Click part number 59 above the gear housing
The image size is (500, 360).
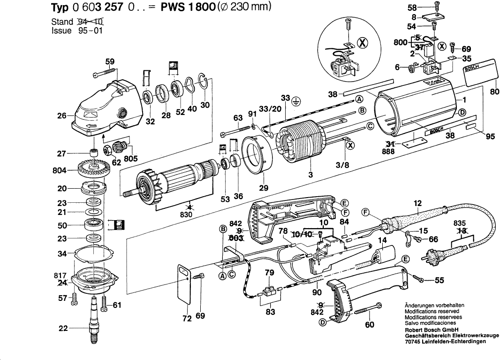(109, 61)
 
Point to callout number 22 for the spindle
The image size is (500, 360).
(63, 329)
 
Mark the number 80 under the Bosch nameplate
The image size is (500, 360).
(494, 92)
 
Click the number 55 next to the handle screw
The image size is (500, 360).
(439, 281)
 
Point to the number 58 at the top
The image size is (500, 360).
(411, 8)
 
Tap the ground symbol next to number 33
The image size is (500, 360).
(295, 99)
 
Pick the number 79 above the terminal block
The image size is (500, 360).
(269, 273)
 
